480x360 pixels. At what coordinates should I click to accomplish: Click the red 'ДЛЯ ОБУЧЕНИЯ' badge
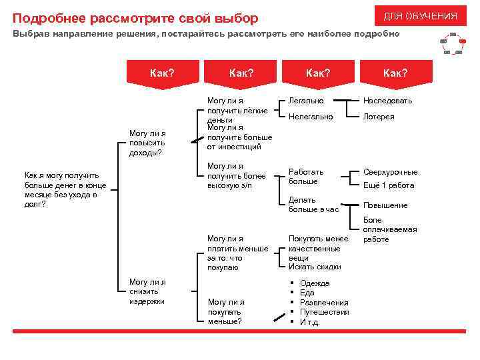point(420,16)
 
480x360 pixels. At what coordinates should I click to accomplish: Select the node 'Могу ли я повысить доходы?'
point(147,142)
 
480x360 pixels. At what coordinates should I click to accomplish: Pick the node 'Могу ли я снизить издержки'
point(147,291)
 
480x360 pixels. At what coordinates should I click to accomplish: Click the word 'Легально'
point(306,101)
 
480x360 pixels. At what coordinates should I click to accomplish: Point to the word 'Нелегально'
point(310,117)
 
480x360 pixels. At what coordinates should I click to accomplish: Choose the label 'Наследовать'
point(387,101)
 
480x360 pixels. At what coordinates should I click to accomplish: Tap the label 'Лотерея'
point(378,117)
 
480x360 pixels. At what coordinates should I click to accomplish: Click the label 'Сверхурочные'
point(390,171)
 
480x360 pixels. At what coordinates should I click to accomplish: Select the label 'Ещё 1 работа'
point(388,185)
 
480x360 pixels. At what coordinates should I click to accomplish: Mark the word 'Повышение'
point(385,205)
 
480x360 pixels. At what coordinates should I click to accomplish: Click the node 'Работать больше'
point(306,176)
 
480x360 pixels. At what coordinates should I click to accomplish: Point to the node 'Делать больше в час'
point(313,204)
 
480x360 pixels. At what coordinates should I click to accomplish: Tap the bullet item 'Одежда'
point(315,283)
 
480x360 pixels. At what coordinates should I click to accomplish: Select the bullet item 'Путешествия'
point(324,312)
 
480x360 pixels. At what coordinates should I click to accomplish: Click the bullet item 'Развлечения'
point(324,303)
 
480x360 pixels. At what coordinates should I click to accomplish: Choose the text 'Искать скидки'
point(315,267)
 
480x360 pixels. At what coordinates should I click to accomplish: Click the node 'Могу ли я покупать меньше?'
point(225,311)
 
